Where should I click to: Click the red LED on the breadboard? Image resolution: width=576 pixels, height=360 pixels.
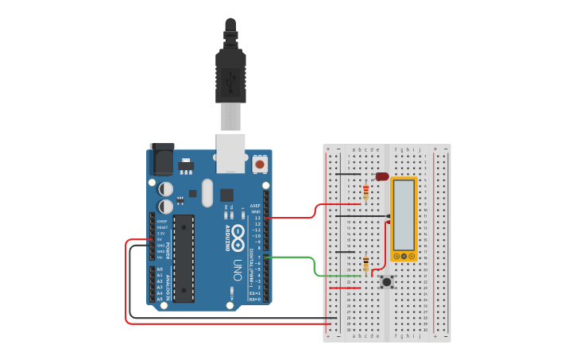pyautogui.click(x=381, y=176)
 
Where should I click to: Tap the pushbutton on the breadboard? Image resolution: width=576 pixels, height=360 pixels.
pyautogui.click(x=387, y=281)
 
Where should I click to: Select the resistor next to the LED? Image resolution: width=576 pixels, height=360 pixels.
pyautogui.click(x=365, y=191)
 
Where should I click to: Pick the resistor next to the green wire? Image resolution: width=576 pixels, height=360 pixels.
pyautogui.click(x=365, y=265)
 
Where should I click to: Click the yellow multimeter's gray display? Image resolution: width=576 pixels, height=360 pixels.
pyautogui.click(x=404, y=214)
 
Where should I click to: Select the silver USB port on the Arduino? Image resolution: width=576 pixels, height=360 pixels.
pyautogui.click(x=231, y=153)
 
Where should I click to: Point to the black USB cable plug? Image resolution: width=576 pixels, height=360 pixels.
pyautogui.click(x=230, y=75)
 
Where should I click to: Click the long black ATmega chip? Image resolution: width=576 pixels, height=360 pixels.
pyautogui.click(x=184, y=258)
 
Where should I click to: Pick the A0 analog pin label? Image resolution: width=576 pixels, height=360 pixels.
pyautogui.click(x=160, y=269)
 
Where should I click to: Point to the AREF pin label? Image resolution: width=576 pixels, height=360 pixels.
pyautogui.click(x=256, y=205)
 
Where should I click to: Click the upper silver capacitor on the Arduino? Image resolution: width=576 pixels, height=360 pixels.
pyautogui.click(x=165, y=189)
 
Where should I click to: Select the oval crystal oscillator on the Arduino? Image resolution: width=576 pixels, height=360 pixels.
pyautogui.click(x=207, y=193)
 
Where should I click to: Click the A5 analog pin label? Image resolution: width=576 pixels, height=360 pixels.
pyautogui.click(x=160, y=300)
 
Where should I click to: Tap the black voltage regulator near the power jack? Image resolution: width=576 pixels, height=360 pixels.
pyautogui.click(x=186, y=167)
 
